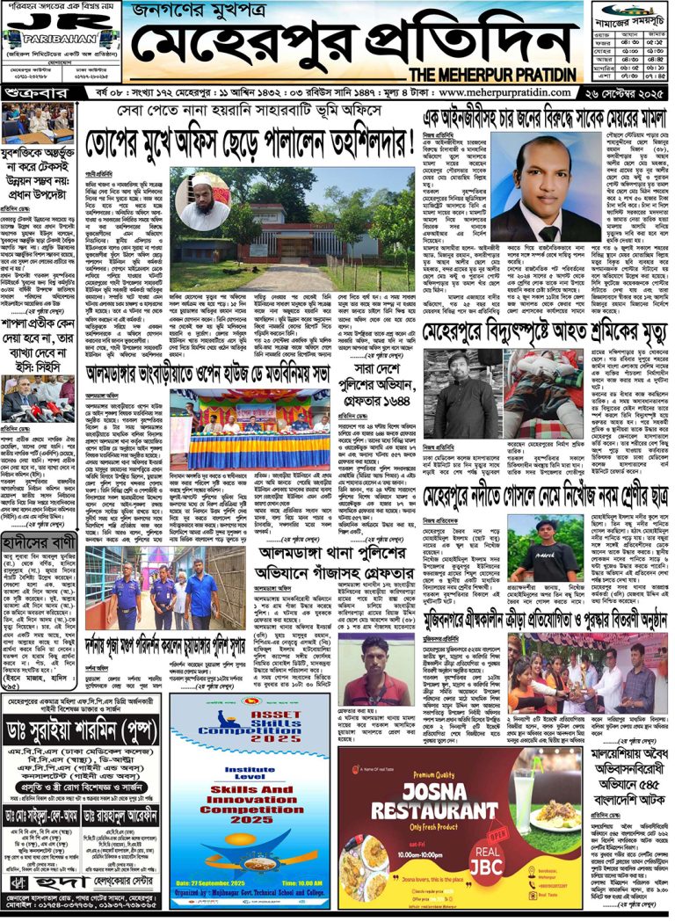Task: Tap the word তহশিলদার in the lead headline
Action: [x=352, y=141]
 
